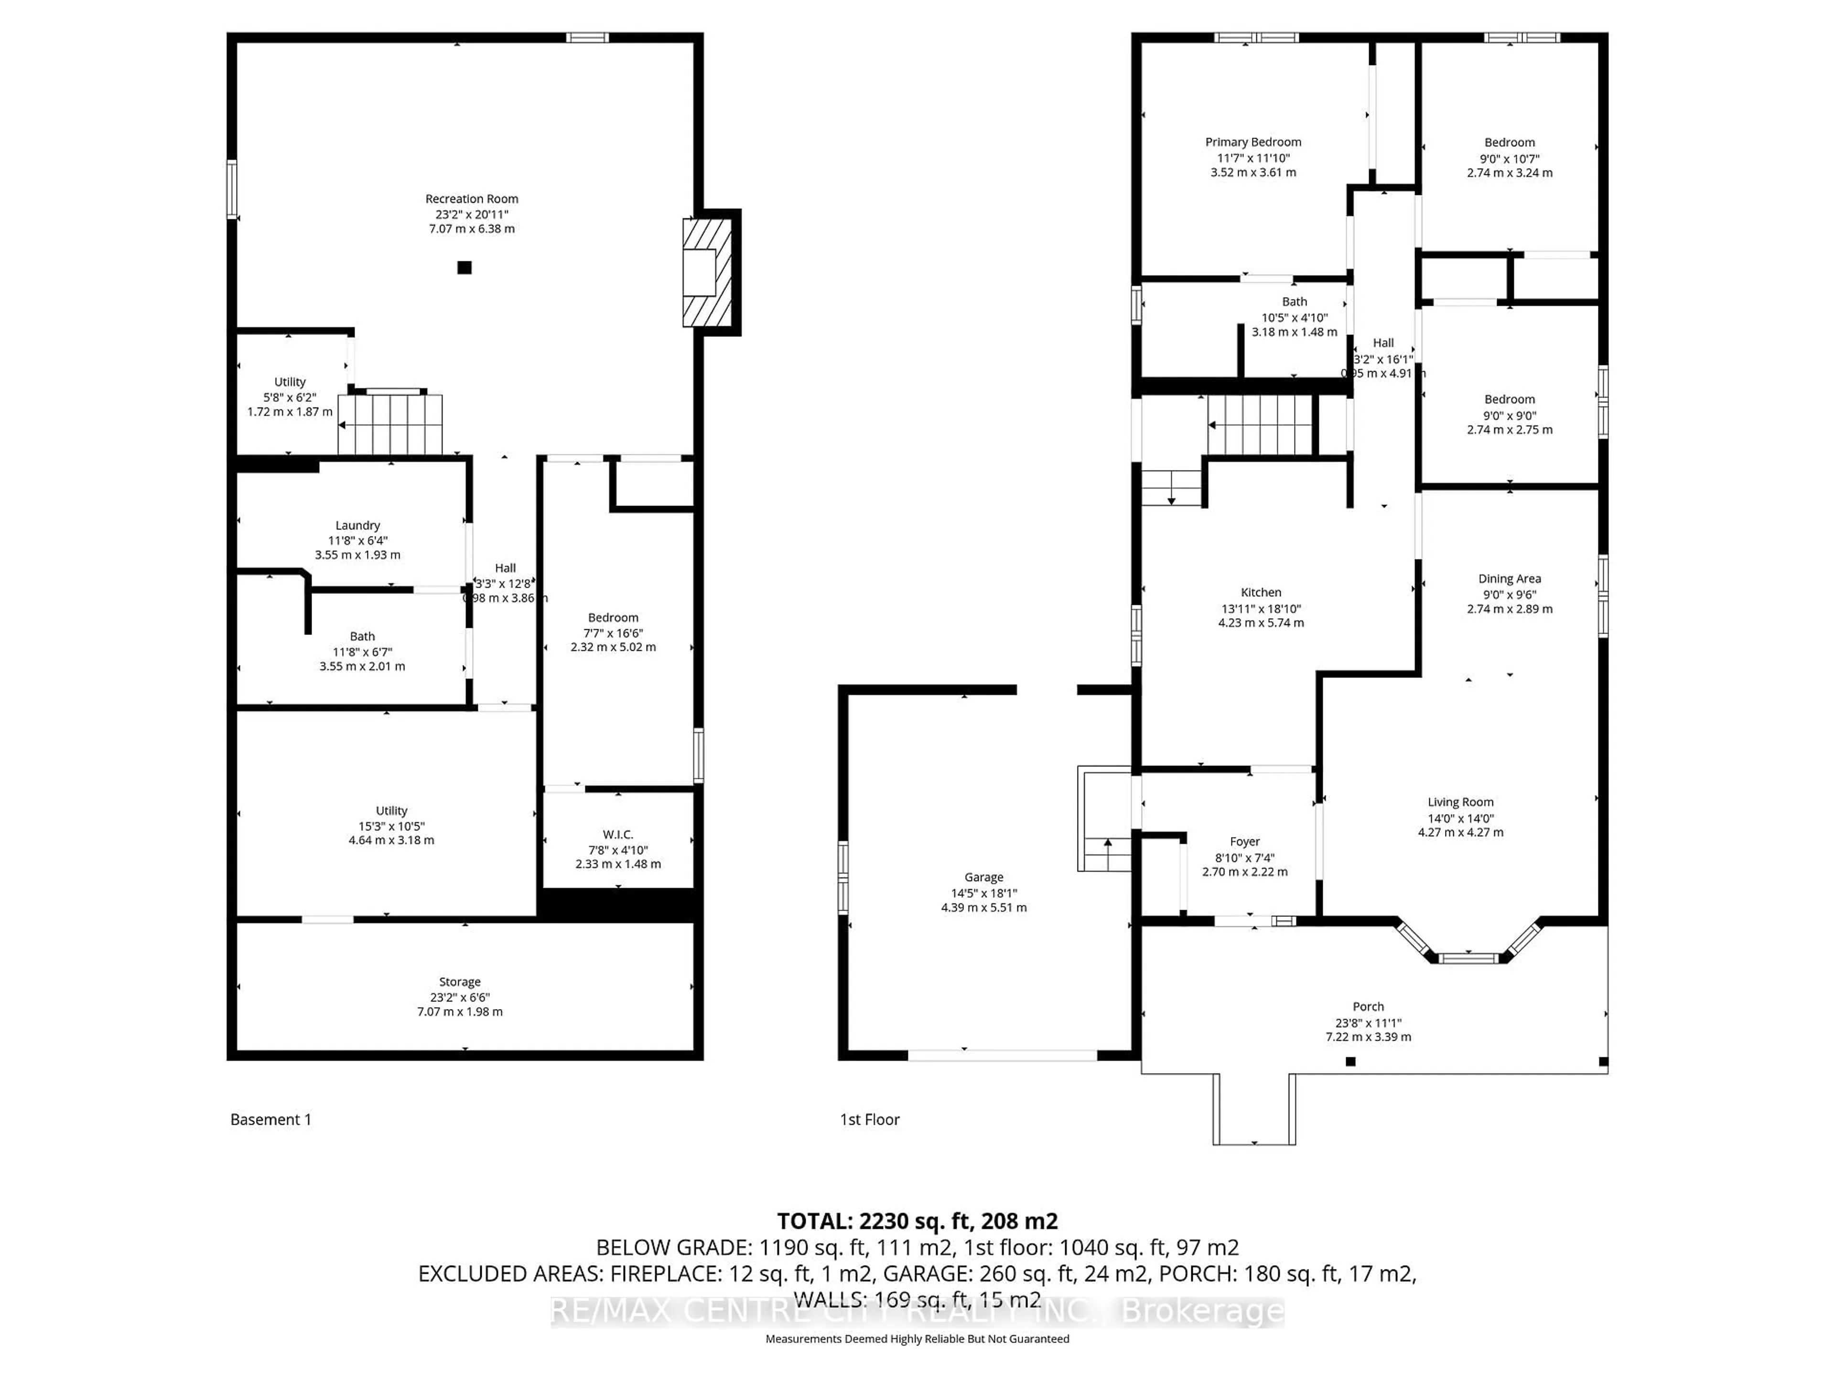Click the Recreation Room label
pos(471,199)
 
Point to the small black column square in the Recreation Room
pos(464,267)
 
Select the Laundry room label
pos(357,525)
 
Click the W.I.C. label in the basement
pos(618,834)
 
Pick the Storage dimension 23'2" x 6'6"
pos(460,997)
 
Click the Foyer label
pos(1244,841)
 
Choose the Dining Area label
pos(1509,579)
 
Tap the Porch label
pos(1368,1007)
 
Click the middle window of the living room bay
pos(1468,958)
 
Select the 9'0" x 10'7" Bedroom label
pos(1509,143)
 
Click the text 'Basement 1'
pos(270,1120)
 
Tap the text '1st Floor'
pos(869,1120)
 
